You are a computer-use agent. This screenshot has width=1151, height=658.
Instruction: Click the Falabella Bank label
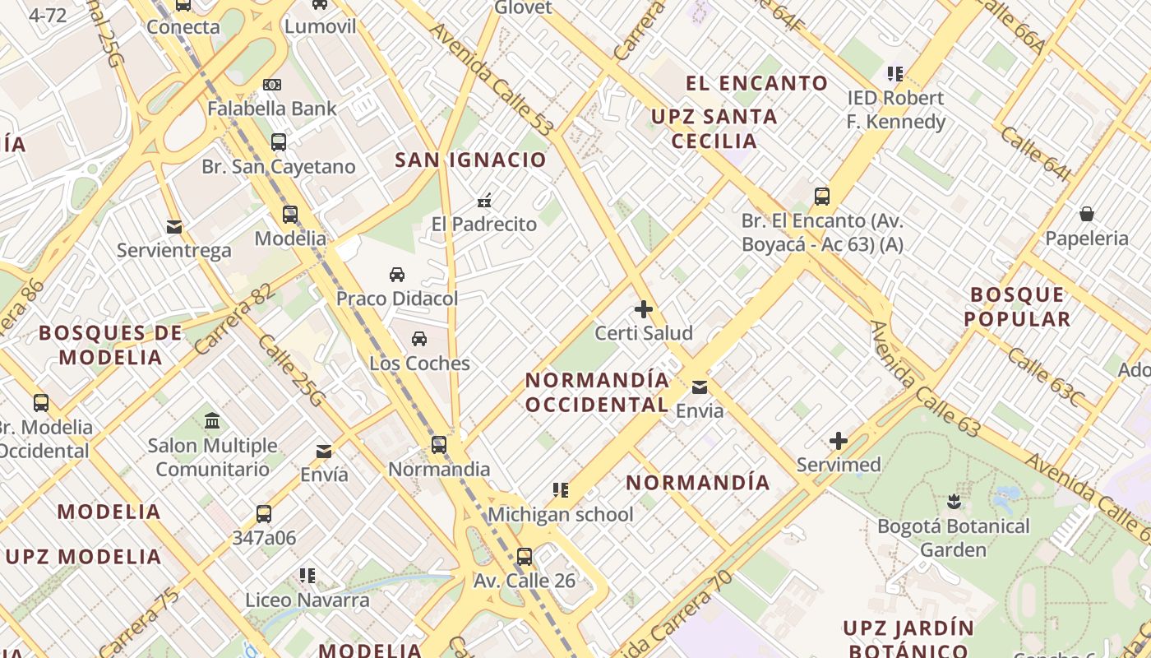[x=271, y=109]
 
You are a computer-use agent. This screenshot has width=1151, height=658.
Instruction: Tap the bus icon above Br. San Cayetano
[x=279, y=142]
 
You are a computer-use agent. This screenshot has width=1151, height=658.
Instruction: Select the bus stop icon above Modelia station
[x=290, y=215]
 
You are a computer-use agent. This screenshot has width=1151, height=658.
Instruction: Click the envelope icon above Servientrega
[x=174, y=226]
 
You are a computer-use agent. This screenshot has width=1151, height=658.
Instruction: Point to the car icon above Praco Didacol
[x=397, y=274]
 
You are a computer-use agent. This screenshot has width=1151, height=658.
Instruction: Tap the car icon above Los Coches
[x=419, y=339]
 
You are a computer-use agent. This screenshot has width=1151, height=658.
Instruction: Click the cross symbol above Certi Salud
[x=644, y=310]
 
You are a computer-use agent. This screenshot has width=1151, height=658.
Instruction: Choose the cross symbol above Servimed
[x=839, y=441]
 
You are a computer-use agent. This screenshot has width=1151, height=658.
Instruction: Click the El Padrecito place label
[x=484, y=224]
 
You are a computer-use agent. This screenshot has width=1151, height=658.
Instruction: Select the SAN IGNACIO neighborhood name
[x=471, y=160]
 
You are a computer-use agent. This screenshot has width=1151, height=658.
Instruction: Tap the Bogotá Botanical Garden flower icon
[x=954, y=501]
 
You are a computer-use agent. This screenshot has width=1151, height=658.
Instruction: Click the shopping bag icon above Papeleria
[x=1087, y=215]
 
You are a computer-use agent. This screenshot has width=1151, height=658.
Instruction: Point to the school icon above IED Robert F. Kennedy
[x=895, y=74]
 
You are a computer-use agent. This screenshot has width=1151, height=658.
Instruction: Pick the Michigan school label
[x=561, y=515]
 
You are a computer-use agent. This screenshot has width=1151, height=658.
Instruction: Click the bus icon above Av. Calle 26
[x=525, y=556]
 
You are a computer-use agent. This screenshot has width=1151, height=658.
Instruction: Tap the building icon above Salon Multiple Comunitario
[x=212, y=421]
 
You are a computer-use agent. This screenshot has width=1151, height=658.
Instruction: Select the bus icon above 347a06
[x=264, y=514]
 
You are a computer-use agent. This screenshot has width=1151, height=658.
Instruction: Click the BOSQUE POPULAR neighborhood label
[x=1018, y=307]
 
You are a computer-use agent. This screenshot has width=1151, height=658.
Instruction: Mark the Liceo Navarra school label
[x=307, y=600]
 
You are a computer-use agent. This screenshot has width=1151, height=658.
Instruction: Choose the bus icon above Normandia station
[x=439, y=445]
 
